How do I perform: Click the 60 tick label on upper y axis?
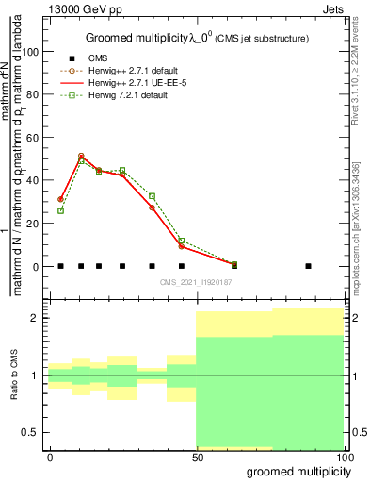(x=33, y=138)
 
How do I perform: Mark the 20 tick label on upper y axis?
(x=33, y=224)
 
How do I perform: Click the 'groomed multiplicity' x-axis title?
(x=295, y=471)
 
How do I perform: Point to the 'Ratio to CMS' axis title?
(x=13, y=375)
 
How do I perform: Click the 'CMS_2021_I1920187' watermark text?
(x=195, y=281)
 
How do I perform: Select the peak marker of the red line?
(x=81, y=156)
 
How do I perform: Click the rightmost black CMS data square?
(x=308, y=266)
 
